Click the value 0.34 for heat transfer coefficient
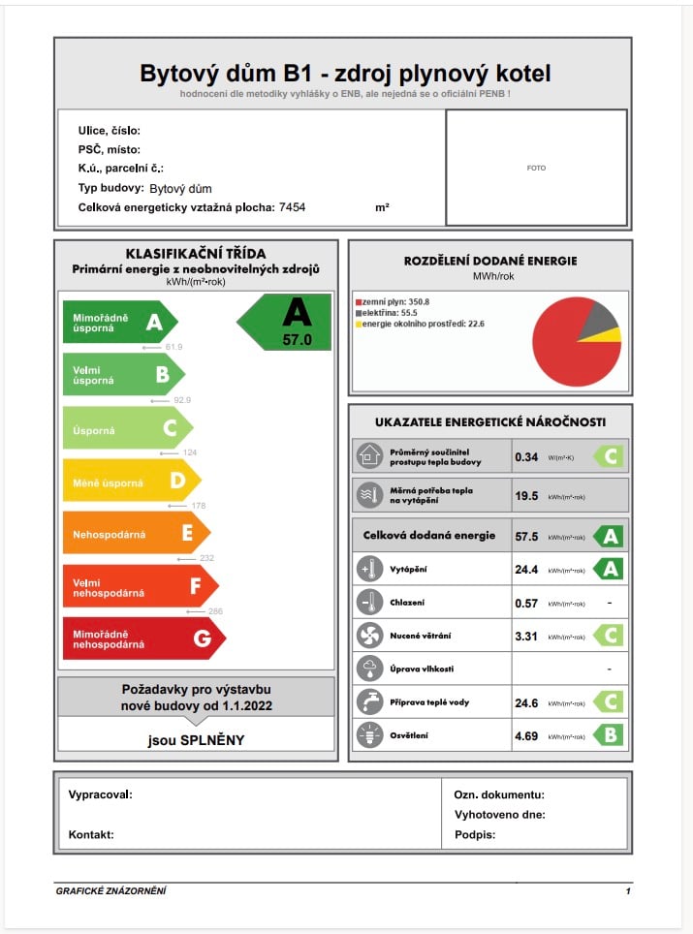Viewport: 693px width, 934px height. [526, 456]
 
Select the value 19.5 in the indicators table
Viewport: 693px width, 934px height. [526, 495]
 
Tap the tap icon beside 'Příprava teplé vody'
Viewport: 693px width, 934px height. [369, 702]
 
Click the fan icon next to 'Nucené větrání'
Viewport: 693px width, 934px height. [369, 636]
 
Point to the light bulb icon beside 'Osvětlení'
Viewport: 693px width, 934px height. [369, 735]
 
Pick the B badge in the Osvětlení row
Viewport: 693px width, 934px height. [610, 735]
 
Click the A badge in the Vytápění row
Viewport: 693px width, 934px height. [610, 569]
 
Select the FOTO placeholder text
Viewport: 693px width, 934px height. [536, 168]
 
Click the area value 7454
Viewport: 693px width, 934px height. [292, 207]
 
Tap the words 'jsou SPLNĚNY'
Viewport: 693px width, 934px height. [196, 740]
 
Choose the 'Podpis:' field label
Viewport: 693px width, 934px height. [475, 834]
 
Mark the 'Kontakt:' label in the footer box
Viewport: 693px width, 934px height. [91, 834]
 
